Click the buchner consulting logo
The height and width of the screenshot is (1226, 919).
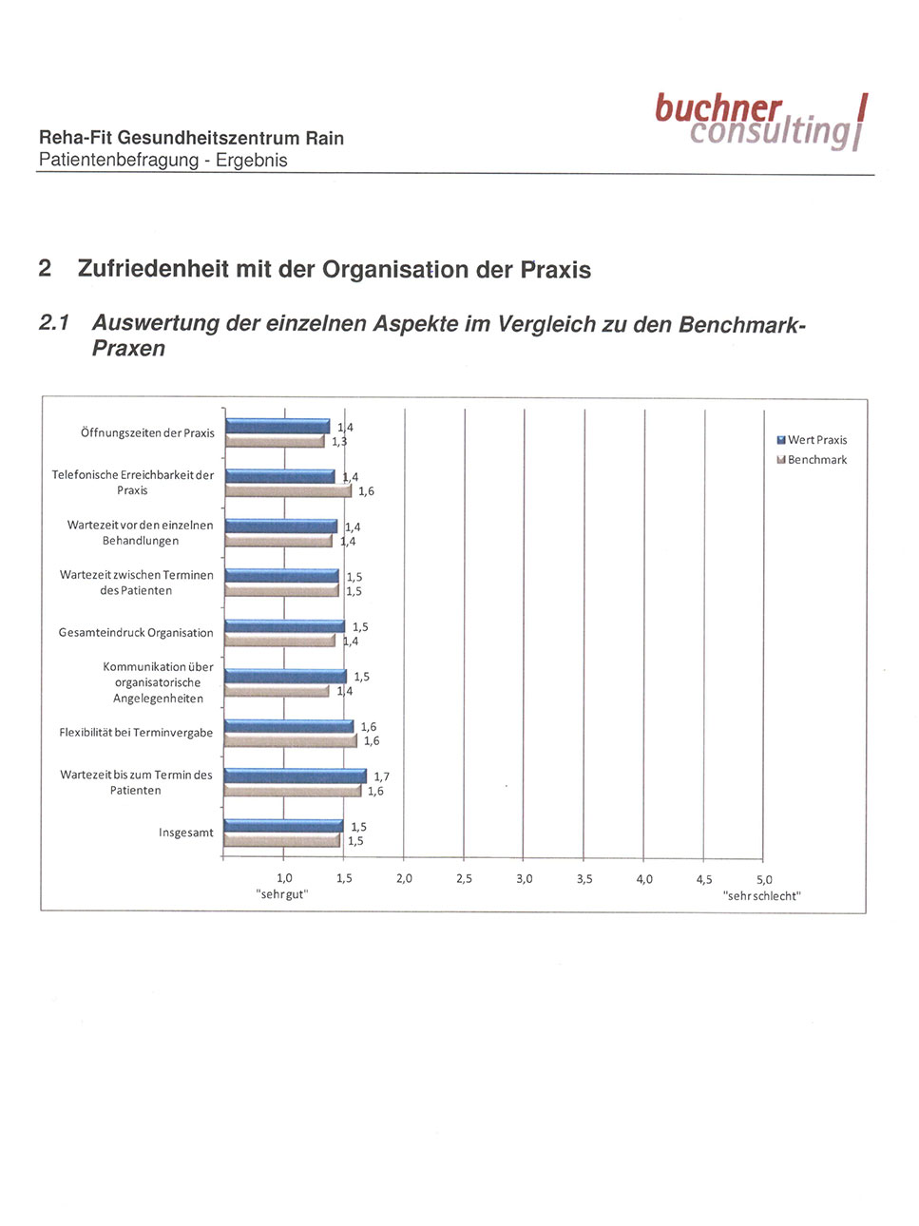[760, 122]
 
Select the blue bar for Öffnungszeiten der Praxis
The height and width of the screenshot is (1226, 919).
[278, 427]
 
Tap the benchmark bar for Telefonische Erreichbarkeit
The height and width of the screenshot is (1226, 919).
[288, 491]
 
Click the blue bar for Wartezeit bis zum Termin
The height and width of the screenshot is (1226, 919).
[296, 776]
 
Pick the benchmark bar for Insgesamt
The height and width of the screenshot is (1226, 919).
[282, 841]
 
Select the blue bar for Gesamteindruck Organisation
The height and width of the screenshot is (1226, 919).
[285, 626]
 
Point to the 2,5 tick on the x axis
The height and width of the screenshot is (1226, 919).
[464, 879]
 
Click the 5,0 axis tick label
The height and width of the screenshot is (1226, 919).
[764, 880]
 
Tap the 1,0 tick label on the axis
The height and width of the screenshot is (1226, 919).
[284, 879]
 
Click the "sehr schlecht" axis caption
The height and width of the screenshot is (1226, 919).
[761, 896]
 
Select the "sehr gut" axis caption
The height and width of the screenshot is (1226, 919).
[282, 895]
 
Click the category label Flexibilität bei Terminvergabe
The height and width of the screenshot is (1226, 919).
[136, 733]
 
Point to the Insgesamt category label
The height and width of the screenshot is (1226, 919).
[186, 833]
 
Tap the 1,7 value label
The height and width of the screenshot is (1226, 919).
[381, 776]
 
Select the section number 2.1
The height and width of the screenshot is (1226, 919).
[54, 323]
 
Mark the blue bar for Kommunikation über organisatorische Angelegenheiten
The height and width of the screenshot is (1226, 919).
[286, 677]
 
